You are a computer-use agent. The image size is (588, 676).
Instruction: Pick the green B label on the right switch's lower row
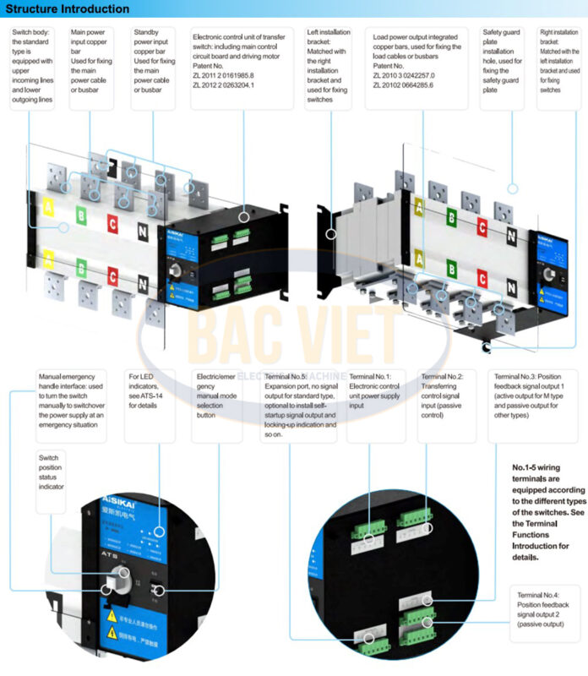point(451,270)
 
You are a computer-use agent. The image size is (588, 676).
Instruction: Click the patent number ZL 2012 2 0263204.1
point(223,85)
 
